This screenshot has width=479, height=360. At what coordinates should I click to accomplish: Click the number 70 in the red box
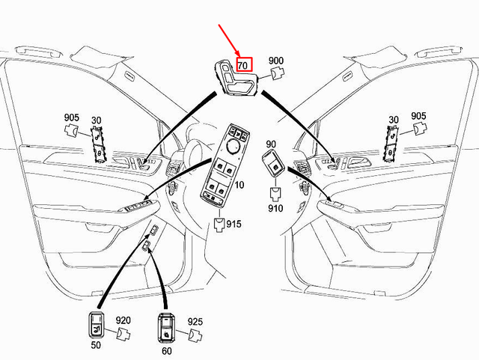(244, 65)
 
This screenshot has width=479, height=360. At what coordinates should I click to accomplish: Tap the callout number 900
(276, 61)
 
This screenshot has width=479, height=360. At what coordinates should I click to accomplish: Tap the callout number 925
(195, 322)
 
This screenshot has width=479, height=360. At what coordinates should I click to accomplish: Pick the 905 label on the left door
(71, 118)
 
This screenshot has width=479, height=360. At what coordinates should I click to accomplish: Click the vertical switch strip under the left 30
(97, 143)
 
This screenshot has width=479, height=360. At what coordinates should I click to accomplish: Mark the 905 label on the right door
(418, 117)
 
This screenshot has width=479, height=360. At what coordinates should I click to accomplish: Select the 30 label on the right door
(393, 120)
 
